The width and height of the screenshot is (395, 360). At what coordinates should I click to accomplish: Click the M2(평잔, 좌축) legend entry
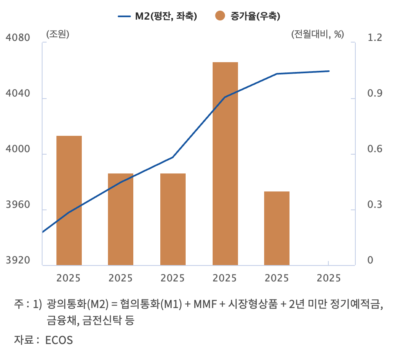click(157, 16)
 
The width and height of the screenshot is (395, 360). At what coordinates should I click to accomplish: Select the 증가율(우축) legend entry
click(249, 16)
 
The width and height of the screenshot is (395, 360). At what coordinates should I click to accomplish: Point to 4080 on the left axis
click(19, 38)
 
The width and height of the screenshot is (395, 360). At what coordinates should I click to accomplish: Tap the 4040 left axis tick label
click(19, 94)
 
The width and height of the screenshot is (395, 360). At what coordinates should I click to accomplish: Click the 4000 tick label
click(19, 149)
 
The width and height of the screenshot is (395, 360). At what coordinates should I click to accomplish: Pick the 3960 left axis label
click(19, 205)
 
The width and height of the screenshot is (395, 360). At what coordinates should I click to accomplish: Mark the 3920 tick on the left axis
click(19, 261)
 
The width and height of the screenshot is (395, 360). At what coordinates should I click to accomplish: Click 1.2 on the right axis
click(375, 38)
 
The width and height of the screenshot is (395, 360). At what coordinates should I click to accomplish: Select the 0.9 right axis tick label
click(375, 94)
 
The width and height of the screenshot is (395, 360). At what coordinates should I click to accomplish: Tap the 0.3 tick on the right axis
click(375, 205)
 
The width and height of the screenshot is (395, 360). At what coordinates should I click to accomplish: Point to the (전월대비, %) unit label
click(317, 34)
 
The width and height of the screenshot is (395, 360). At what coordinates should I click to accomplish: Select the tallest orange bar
click(225, 164)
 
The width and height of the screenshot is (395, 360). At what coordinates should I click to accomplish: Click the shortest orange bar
click(277, 228)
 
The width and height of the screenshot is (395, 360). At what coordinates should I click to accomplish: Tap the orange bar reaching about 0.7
click(69, 200)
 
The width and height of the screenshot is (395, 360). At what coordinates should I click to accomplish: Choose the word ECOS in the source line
click(59, 340)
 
